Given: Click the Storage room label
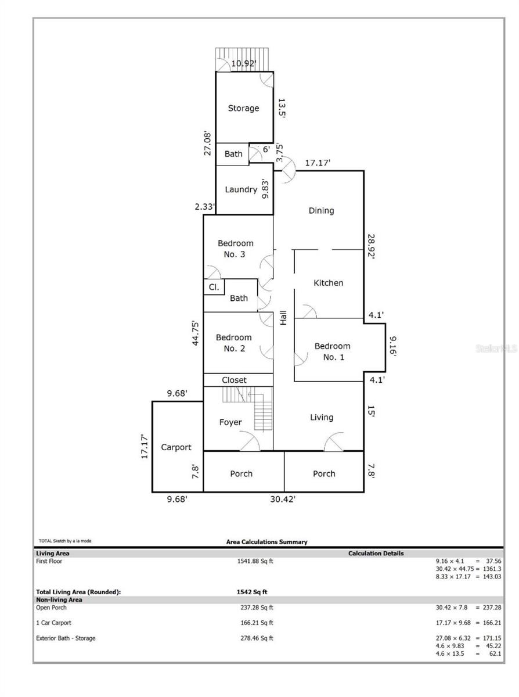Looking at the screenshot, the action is [243, 109].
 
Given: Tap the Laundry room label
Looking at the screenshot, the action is [241, 190].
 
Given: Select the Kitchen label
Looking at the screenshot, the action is [329, 283].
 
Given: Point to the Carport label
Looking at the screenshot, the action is [176, 447].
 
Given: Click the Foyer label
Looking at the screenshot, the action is [230, 422].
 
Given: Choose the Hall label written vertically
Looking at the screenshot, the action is [283, 318].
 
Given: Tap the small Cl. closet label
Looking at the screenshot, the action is [214, 287].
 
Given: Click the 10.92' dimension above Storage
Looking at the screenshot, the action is [244, 63].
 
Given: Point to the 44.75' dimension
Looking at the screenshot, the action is [196, 333].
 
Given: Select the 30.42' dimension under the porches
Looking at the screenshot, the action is [283, 499].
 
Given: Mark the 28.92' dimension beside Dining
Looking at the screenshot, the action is [371, 246].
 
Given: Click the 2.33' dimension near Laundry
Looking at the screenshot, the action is [205, 207].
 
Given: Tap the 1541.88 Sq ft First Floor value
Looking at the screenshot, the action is [255, 561].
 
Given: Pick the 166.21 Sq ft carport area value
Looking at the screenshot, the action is [257, 623].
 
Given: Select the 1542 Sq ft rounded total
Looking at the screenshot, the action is [252, 592].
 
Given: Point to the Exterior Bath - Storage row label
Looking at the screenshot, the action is [66, 638].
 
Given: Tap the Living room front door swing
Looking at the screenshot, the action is [334, 441].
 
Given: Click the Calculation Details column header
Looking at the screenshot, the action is [376, 554].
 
